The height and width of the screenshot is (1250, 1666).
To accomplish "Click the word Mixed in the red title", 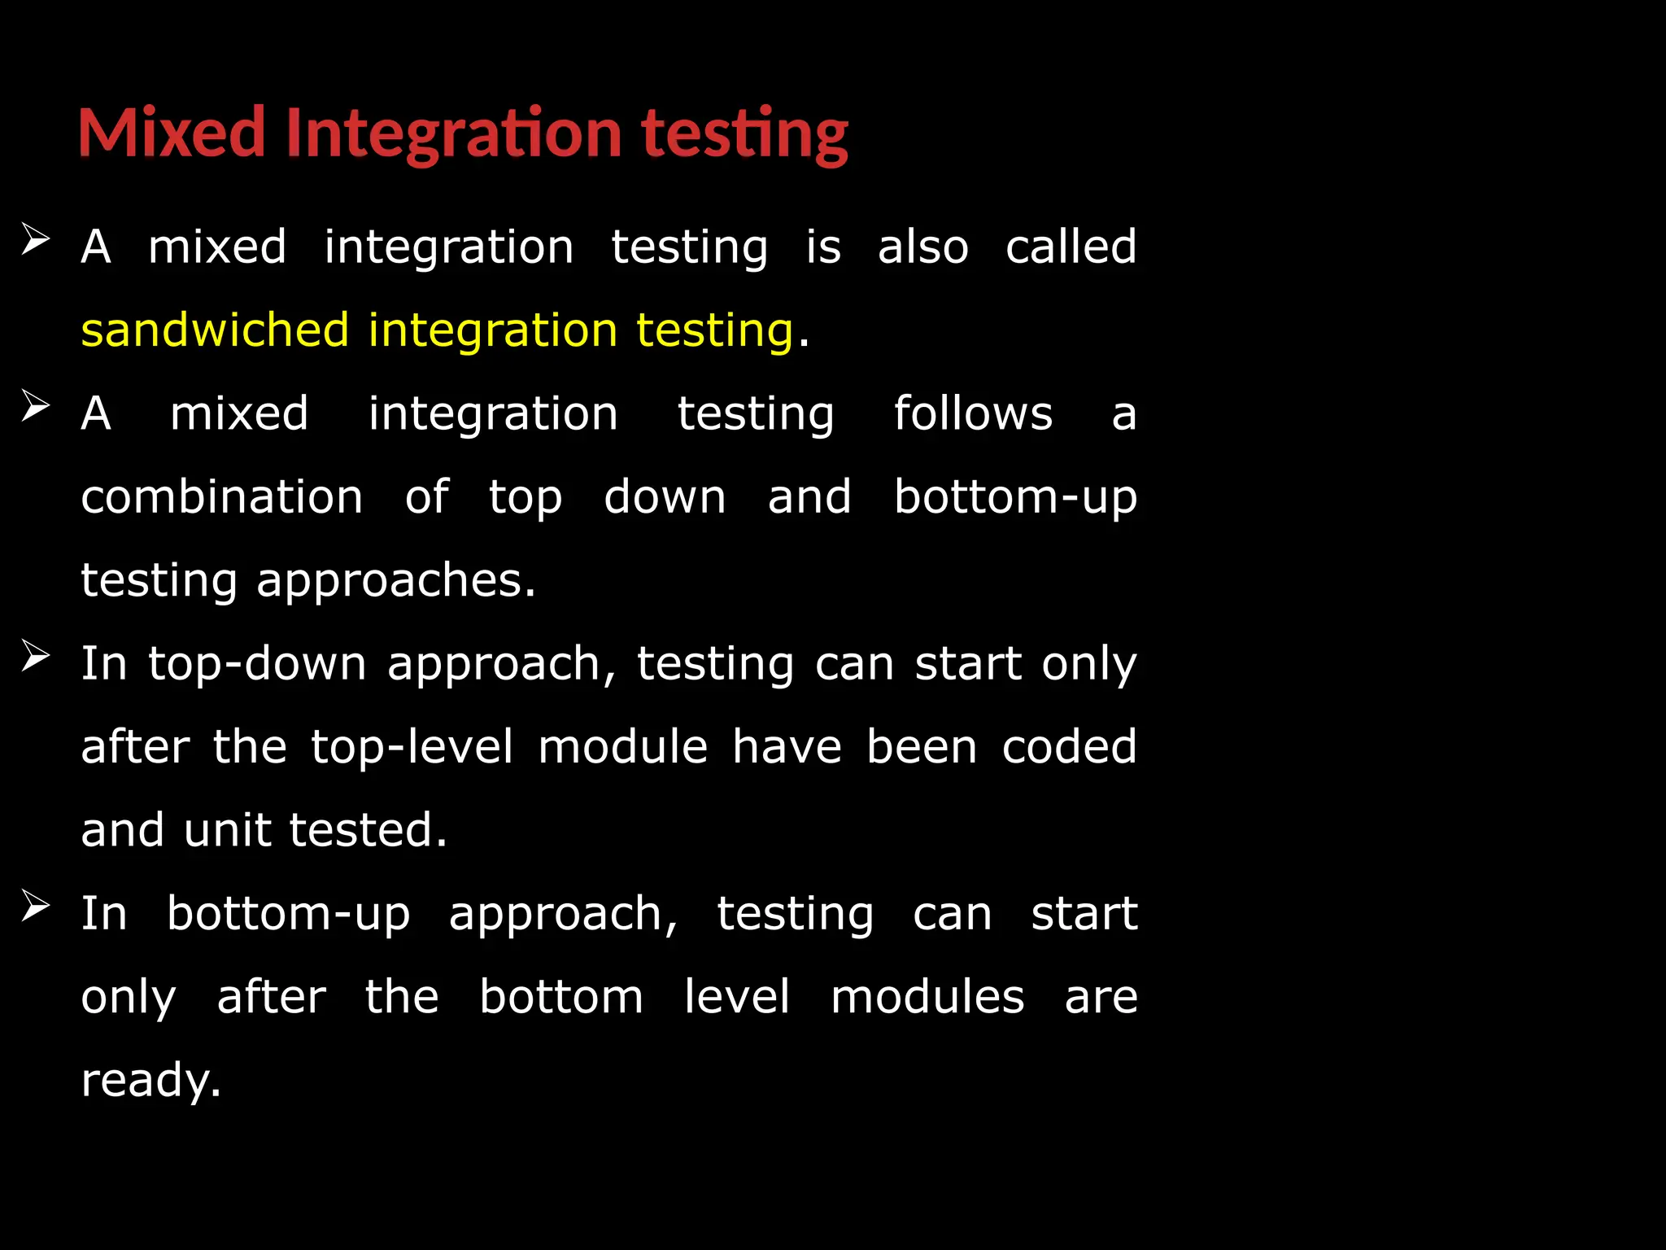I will click(x=172, y=133).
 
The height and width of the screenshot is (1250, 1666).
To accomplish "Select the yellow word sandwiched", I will click(x=215, y=330).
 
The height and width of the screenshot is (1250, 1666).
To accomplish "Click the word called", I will click(x=1071, y=247).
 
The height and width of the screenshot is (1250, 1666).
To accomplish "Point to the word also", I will click(x=923, y=247).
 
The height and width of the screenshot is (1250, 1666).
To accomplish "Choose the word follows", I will click(x=973, y=413).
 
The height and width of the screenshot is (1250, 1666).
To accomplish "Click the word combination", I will click(x=222, y=497).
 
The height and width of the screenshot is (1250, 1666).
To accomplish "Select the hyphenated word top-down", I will click(x=257, y=664).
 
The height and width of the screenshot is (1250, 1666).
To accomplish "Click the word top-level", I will click(x=412, y=747).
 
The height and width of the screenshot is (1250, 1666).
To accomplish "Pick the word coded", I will click(x=1069, y=747).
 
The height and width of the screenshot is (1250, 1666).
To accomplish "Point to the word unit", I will click(x=227, y=830).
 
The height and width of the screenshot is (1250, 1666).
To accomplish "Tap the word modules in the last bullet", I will click(x=927, y=997).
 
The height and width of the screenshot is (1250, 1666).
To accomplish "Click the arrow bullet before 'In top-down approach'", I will click(x=36, y=656).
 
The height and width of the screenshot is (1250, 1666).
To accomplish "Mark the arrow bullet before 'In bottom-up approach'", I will click(x=36, y=906).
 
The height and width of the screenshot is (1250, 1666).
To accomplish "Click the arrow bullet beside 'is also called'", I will click(x=36, y=239).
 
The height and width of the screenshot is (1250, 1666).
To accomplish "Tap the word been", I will click(x=922, y=747).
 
